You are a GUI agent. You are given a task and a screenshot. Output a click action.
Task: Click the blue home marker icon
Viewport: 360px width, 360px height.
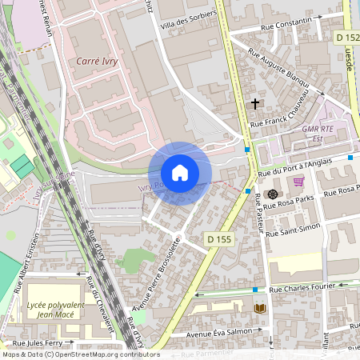pyautogui.click(x=180, y=173)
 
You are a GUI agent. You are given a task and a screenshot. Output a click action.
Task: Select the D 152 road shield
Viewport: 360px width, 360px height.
pyautogui.click(x=347, y=38)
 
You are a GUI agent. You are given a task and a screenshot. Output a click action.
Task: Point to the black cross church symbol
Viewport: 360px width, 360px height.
pyautogui.click(x=255, y=103)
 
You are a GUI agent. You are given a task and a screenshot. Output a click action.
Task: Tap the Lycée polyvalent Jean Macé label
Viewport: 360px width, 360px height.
pyautogui.click(x=50, y=308)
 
